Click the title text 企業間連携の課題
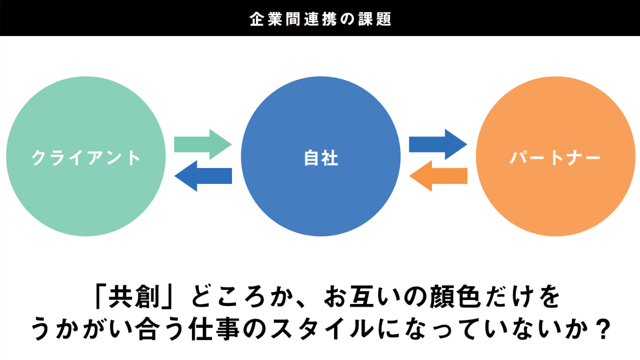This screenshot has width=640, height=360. point(320,18)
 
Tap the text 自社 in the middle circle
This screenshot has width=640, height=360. point(320,158)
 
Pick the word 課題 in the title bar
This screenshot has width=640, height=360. point(375,18)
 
